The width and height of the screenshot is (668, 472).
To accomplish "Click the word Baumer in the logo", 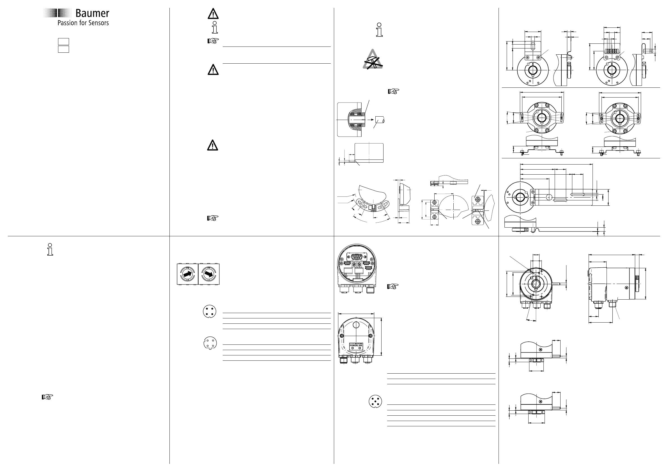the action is click(92, 13).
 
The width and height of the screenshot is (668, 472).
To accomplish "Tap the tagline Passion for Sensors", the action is click(83, 23).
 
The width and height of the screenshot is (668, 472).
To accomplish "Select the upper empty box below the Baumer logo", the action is click(63, 41).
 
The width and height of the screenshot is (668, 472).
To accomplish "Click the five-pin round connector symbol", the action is click(375, 401).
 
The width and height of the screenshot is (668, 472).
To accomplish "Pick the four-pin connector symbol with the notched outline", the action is click(210, 343).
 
